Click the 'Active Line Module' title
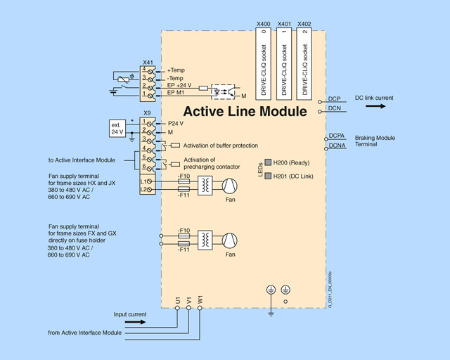(245, 111)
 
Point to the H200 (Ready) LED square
(267, 162)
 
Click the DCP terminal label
(335, 99)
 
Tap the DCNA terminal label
(337, 146)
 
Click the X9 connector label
(148, 113)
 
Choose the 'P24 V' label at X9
(176, 122)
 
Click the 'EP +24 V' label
(180, 85)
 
